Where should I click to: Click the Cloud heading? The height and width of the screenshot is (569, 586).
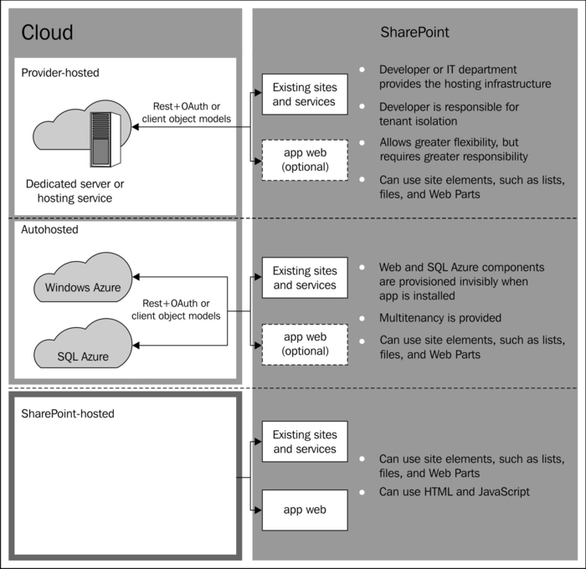47,33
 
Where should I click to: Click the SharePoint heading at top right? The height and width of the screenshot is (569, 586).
415,33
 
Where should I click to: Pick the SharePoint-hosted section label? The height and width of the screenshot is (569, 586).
68,413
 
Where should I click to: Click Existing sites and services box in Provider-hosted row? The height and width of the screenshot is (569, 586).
304,95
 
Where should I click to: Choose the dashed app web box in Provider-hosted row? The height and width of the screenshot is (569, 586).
304,159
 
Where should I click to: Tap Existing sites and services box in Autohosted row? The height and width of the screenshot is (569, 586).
304,278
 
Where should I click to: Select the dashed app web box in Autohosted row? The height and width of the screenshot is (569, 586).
304,343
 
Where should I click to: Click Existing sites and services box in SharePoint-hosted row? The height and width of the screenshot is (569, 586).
304,442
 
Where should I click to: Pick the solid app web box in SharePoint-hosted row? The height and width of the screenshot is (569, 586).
304,509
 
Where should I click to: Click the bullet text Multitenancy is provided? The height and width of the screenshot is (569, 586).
440,318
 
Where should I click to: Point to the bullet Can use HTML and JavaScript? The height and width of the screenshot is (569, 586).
455,491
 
